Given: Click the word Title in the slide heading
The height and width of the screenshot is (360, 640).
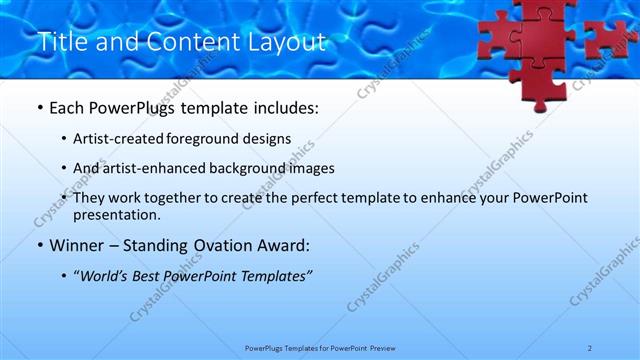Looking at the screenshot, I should coord(60,42).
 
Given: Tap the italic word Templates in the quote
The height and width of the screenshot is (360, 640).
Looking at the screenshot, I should coord(275,276).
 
